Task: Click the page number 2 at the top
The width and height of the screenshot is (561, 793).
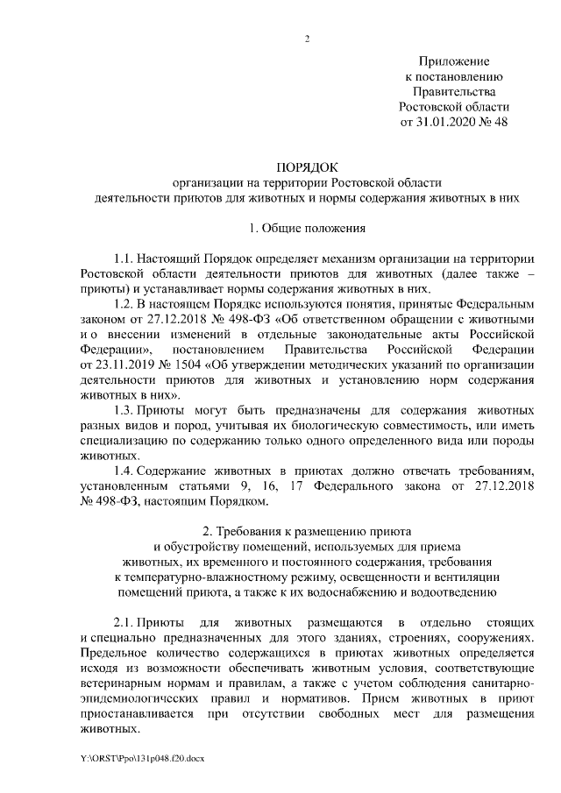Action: click(x=307, y=38)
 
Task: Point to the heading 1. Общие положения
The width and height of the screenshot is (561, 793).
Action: click(x=307, y=229)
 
